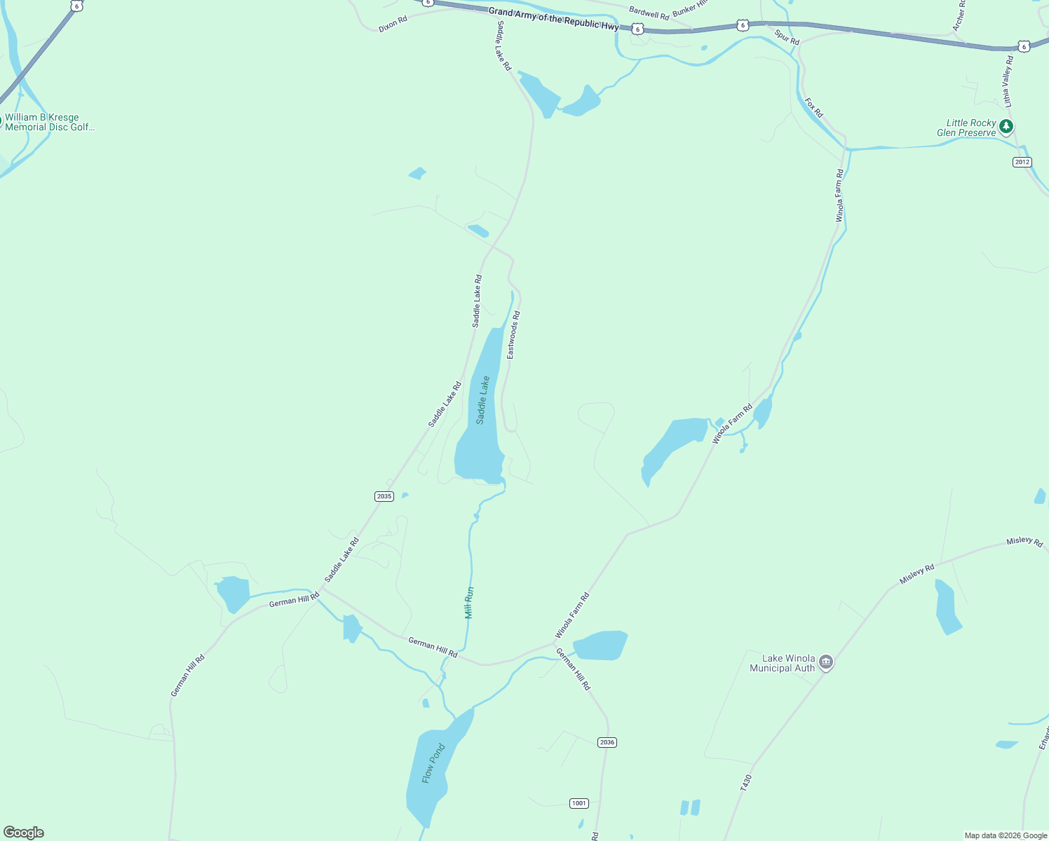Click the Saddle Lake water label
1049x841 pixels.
pyautogui.click(x=483, y=400)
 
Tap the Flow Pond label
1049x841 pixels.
pyautogui.click(x=433, y=763)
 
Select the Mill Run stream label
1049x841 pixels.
pyautogui.click(x=469, y=602)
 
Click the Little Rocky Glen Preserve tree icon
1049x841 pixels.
pyautogui.click(x=1006, y=127)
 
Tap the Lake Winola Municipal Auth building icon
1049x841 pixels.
pyautogui.click(x=826, y=662)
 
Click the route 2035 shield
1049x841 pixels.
pyautogui.click(x=384, y=496)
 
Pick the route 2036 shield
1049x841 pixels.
pyautogui.click(x=607, y=742)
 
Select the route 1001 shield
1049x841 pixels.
pyautogui.click(x=578, y=803)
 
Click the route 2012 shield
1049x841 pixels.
pyautogui.click(x=1022, y=162)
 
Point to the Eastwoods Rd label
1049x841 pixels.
pyautogui.click(x=514, y=335)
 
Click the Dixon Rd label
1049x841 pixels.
pyautogui.click(x=393, y=25)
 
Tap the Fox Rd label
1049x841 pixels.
pyautogui.click(x=813, y=108)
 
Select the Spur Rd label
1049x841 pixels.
pyautogui.click(x=787, y=36)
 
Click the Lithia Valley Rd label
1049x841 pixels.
pyautogui.click(x=1008, y=81)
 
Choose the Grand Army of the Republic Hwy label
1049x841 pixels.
pyautogui.click(x=553, y=19)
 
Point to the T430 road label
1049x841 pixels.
pyautogui.click(x=746, y=783)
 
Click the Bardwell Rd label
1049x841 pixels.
pyautogui.click(x=649, y=13)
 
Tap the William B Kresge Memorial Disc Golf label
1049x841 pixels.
pyautogui.click(x=49, y=122)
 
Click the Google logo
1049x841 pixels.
pyautogui.click(x=24, y=833)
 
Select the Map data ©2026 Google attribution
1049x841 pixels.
pyautogui.click(x=1005, y=835)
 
